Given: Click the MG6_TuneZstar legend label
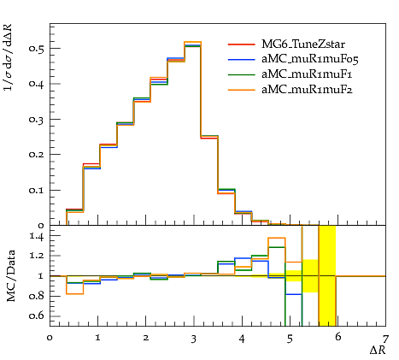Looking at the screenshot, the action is [303, 44].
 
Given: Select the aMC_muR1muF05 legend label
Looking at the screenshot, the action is [310, 59].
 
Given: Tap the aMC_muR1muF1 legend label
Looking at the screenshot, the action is [307, 74].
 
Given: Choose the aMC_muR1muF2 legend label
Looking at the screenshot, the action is [307, 90].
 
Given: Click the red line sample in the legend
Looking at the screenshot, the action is [241, 44].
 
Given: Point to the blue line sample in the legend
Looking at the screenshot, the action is [241, 60].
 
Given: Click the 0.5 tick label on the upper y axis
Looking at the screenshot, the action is [36, 48].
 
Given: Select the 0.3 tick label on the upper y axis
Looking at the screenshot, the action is [36, 119].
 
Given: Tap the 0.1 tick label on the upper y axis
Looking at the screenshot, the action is [36, 190].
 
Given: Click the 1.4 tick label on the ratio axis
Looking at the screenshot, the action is [37, 236].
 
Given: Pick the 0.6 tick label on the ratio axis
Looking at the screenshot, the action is [37, 316].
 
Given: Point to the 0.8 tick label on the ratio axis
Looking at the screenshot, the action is [37, 296].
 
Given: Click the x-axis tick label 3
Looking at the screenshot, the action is [194, 339].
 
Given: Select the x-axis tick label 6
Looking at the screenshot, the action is [337, 337].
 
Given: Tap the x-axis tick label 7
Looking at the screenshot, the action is [385, 339].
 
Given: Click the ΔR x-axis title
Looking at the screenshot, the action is [378, 350].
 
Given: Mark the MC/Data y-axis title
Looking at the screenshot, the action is [11, 276].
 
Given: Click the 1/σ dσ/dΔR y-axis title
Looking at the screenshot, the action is [9, 57].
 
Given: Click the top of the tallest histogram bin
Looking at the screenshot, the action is [193, 42].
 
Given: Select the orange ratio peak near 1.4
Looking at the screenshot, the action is [277, 238].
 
